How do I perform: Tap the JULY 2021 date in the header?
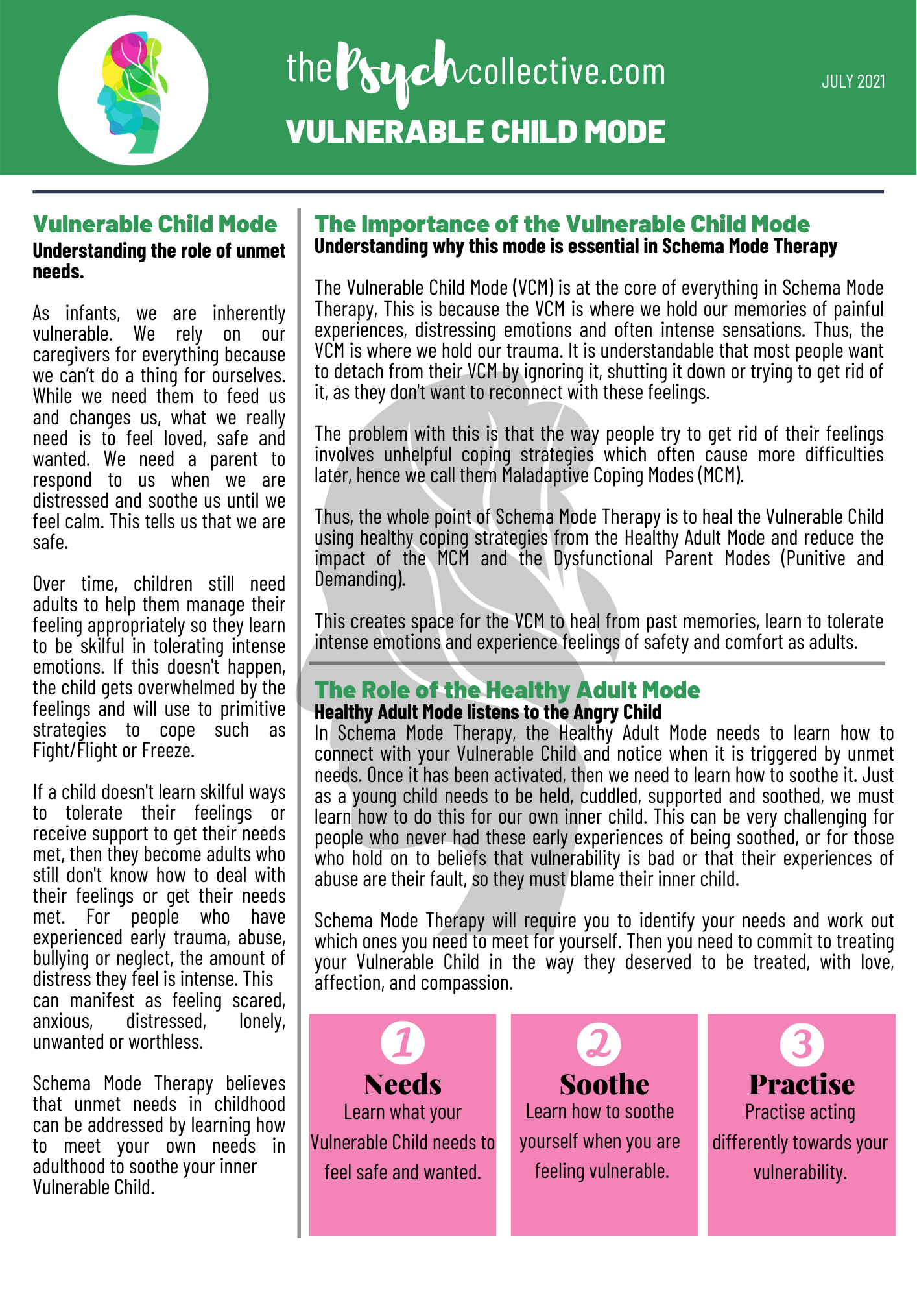(853, 81)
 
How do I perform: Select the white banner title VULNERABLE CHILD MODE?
(475, 132)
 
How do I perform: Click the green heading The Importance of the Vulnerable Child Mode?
(562, 225)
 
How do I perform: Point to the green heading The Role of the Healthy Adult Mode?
(507, 690)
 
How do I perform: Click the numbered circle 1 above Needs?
(403, 1043)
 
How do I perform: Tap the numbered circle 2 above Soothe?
(599, 1044)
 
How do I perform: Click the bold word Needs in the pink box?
(403, 1084)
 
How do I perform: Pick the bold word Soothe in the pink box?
(604, 1084)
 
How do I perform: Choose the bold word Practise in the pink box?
(802, 1084)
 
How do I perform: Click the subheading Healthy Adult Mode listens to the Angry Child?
(488, 712)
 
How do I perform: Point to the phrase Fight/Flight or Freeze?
(113, 751)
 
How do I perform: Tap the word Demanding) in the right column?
(360, 579)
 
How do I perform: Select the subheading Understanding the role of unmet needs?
(159, 261)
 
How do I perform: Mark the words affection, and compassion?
(413, 983)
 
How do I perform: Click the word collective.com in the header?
(566, 72)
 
